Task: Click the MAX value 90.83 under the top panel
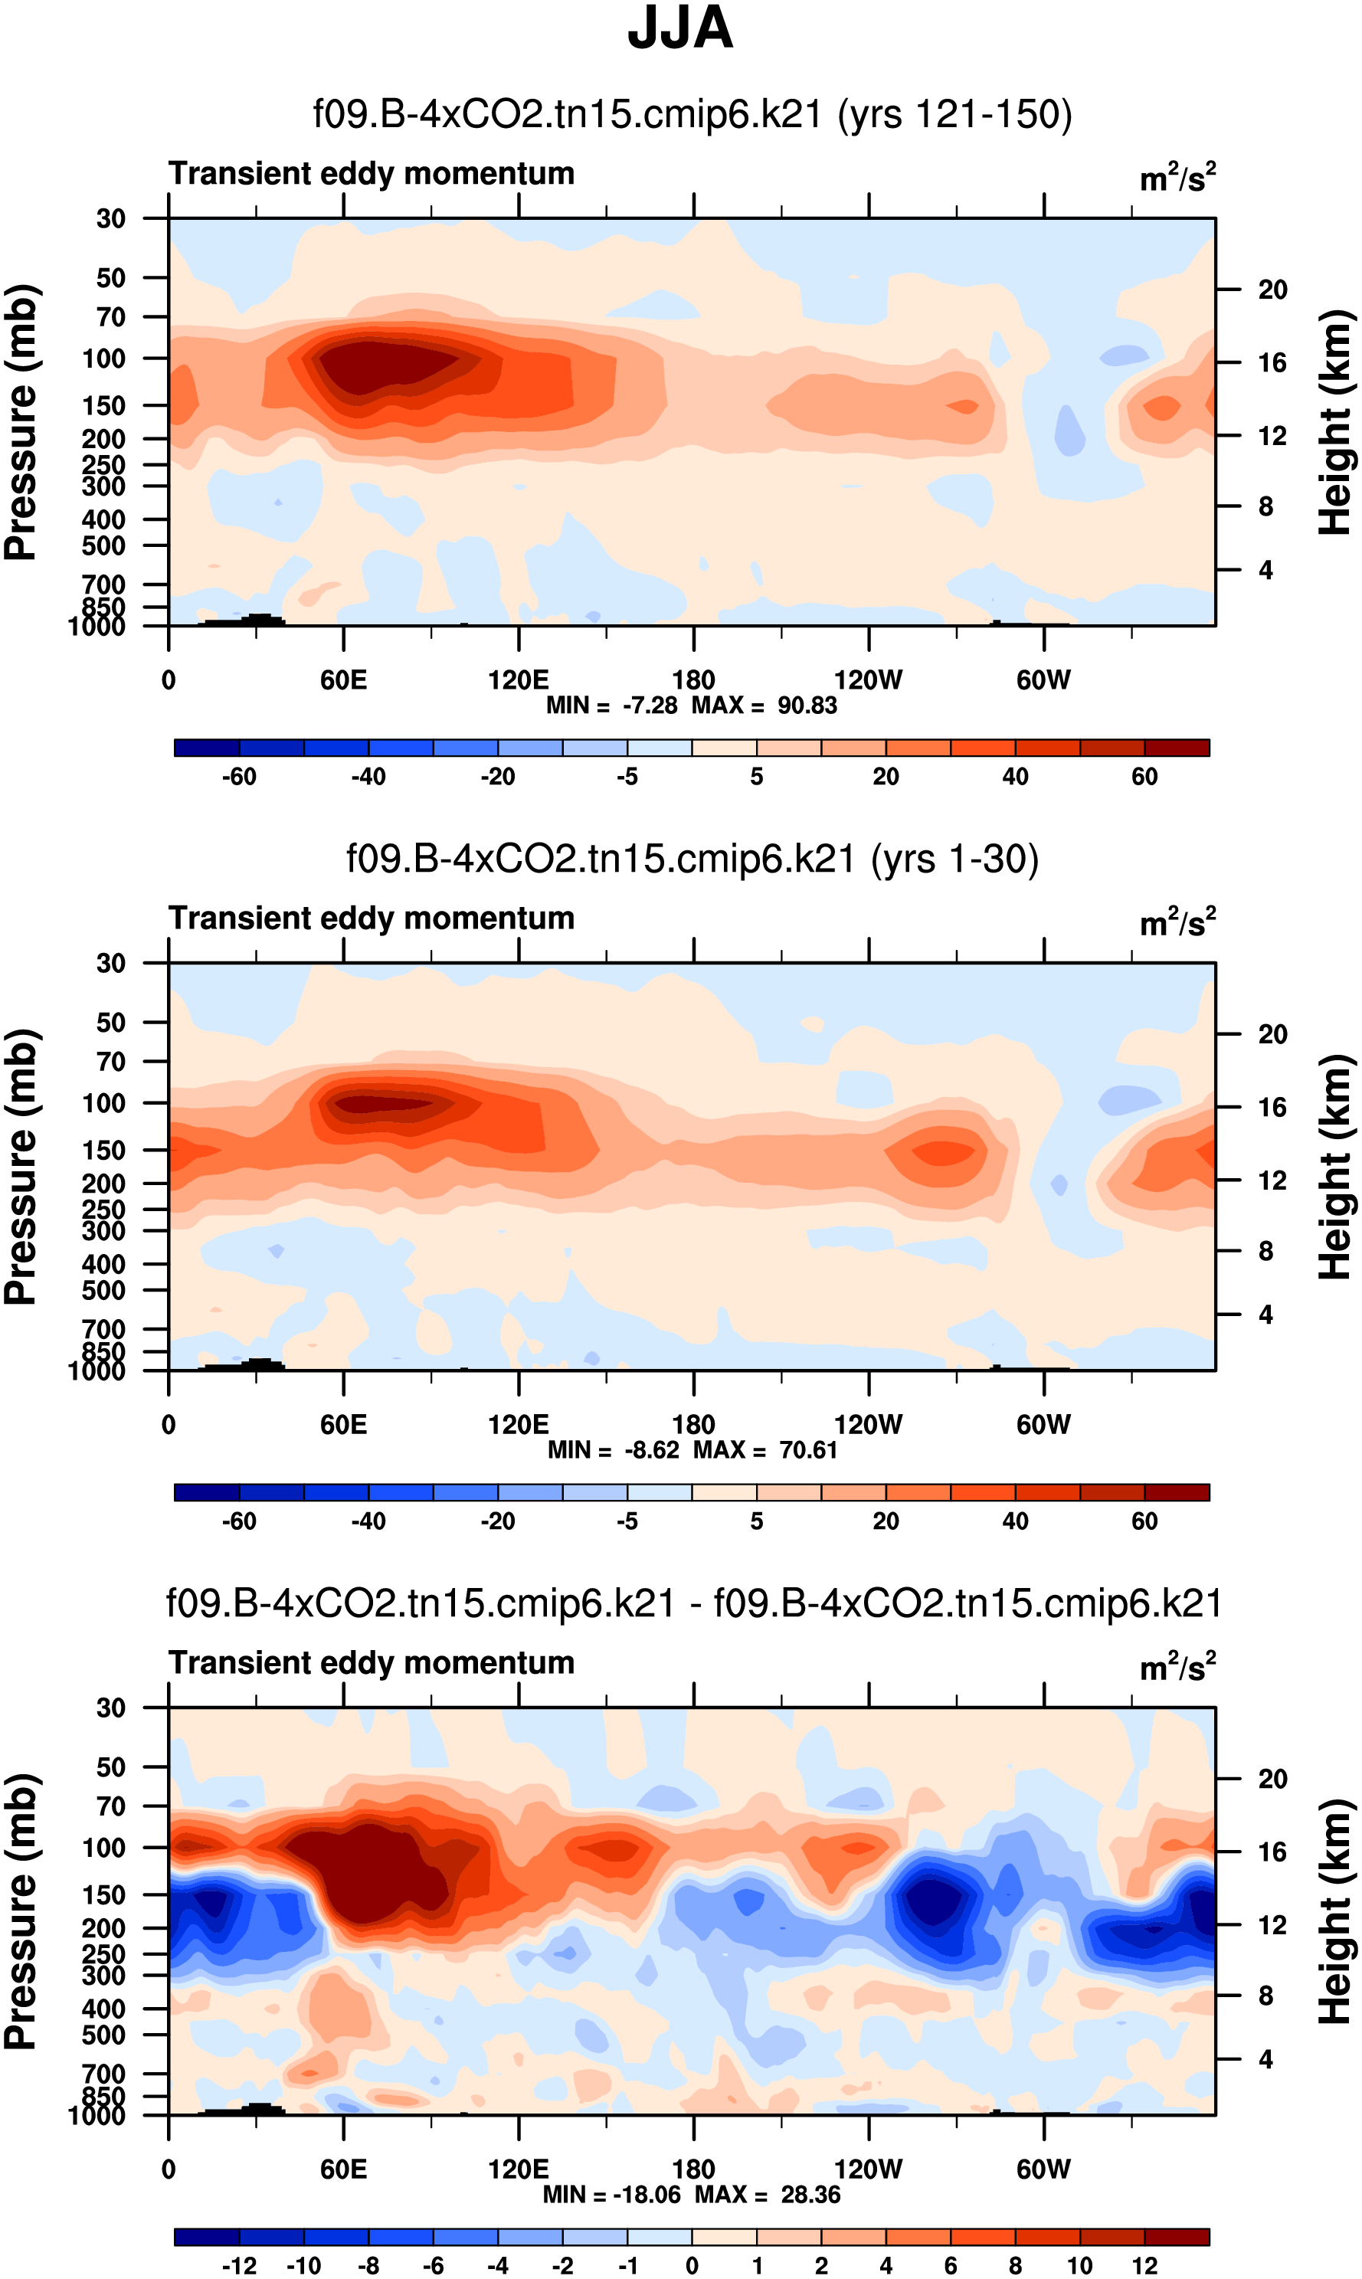[x=807, y=706]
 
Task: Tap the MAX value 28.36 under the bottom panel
[x=810, y=2195]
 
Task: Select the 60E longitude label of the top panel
[x=343, y=680]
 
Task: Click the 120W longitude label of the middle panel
[x=867, y=1425]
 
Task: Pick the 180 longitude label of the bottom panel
[x=693, y=2169]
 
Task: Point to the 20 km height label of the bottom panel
[x=1272, y=1779]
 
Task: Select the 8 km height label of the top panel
[x=1265, y=506]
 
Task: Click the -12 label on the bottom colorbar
[x=239, y=2266]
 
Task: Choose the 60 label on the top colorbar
[x=1144, y=778]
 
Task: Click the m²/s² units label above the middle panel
[x=1177, y=922]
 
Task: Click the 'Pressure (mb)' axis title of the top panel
[x=20, y=422]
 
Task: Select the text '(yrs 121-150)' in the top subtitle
[x=954, y=115]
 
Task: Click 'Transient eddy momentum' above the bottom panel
[x=372, y=1663]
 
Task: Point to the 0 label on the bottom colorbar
[x=692, y=2266]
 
